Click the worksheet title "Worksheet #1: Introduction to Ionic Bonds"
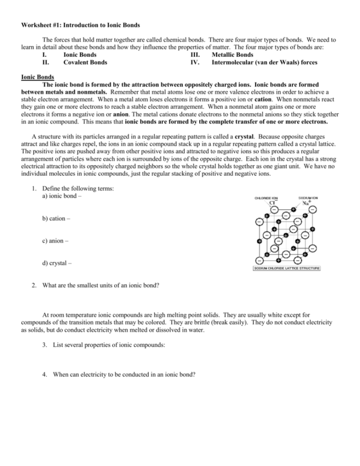80,25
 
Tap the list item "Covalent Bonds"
85,63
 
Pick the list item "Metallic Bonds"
232,55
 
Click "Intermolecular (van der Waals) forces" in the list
264,63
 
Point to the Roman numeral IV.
194,63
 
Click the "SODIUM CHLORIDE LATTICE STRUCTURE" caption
286,268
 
